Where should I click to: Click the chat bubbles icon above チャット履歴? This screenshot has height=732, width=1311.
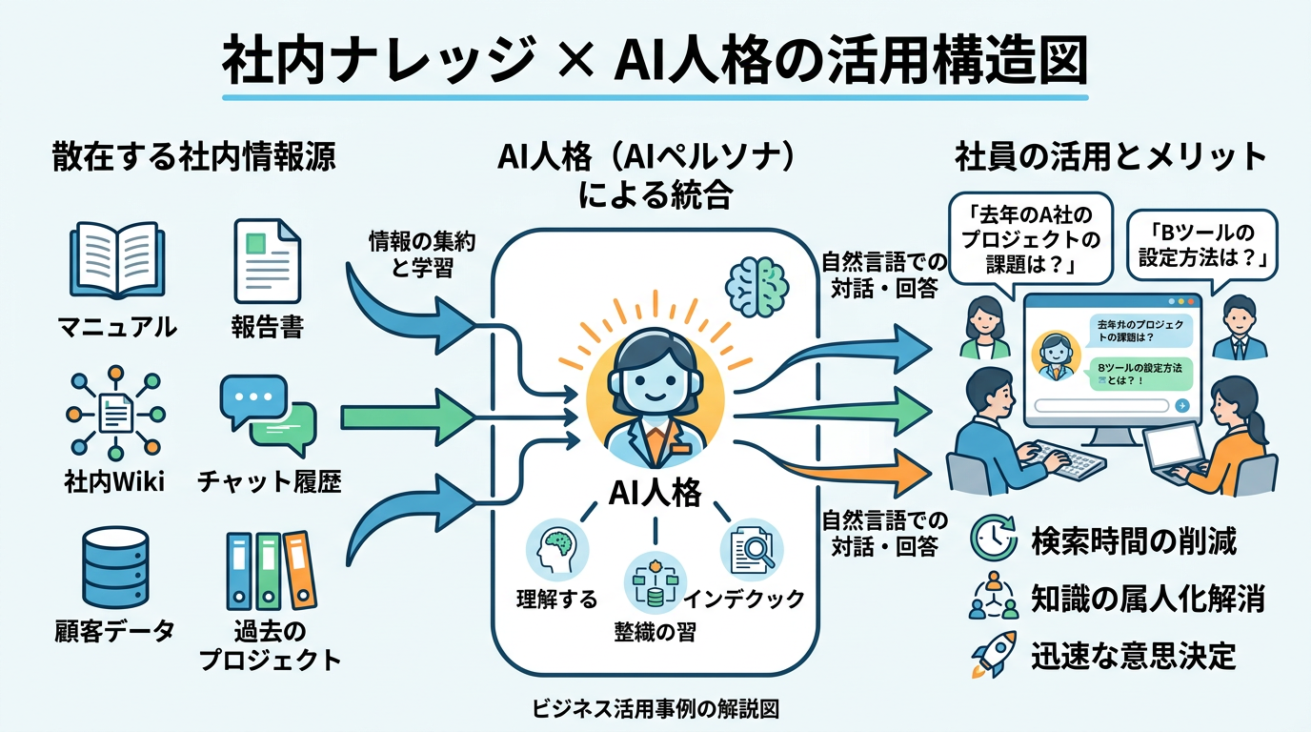click(x=267, y=416)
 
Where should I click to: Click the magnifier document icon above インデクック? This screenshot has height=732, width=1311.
click(x=752, y=550)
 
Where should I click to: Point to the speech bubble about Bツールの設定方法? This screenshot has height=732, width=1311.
click(x=1201, y=246)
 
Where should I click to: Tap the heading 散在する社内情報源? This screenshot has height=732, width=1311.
click(x=193, y=158)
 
